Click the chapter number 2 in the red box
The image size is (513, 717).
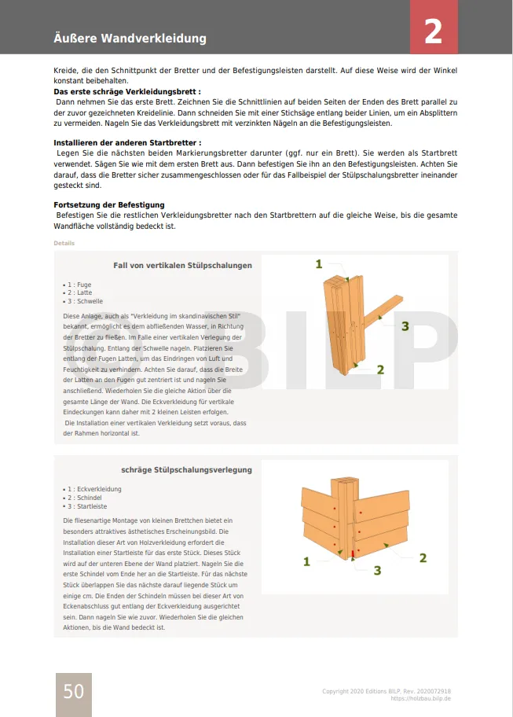tap(433, 31)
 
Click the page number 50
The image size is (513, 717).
tap(73, 691)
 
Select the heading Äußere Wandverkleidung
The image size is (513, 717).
tap(130, 38)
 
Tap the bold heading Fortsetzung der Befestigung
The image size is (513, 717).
tap(108, 204)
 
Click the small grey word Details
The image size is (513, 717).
tap(64, 243)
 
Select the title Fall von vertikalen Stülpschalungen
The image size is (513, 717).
tap(182, 266)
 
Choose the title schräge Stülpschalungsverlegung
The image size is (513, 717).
tap(186, 470)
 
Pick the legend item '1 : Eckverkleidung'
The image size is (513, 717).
tap(92, 489)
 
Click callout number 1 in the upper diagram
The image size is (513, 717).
tap(319, 264)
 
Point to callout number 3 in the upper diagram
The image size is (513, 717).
tap(405, 325)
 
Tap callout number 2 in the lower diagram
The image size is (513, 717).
tap(423, 558)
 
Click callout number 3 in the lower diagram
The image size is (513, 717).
tap(377, 570)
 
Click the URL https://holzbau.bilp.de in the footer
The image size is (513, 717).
tap(420, 698)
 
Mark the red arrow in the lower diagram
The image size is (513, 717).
tap(354, 553)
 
